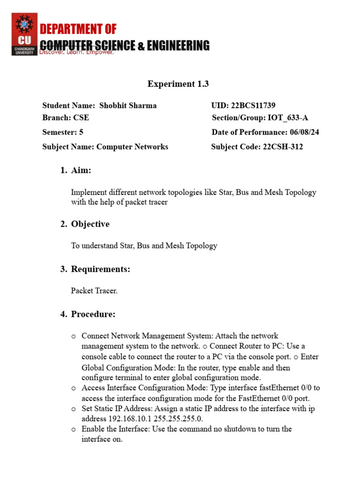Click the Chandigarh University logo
(24, 34)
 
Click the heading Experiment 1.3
(178, 84)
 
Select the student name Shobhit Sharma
(128, 105)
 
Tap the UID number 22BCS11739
(256, 105)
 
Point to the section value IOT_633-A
(288, 118)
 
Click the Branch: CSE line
(66, 118)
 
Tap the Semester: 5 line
(63, 132)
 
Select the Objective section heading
(90, 224)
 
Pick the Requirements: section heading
(100, 269)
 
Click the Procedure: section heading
(93, 314)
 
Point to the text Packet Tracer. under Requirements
(94, 291)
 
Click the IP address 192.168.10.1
(124, 419)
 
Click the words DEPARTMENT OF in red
(78, 30)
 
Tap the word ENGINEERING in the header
(178, 45)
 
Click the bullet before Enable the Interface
(74, 429)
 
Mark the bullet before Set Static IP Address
(74, 409)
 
